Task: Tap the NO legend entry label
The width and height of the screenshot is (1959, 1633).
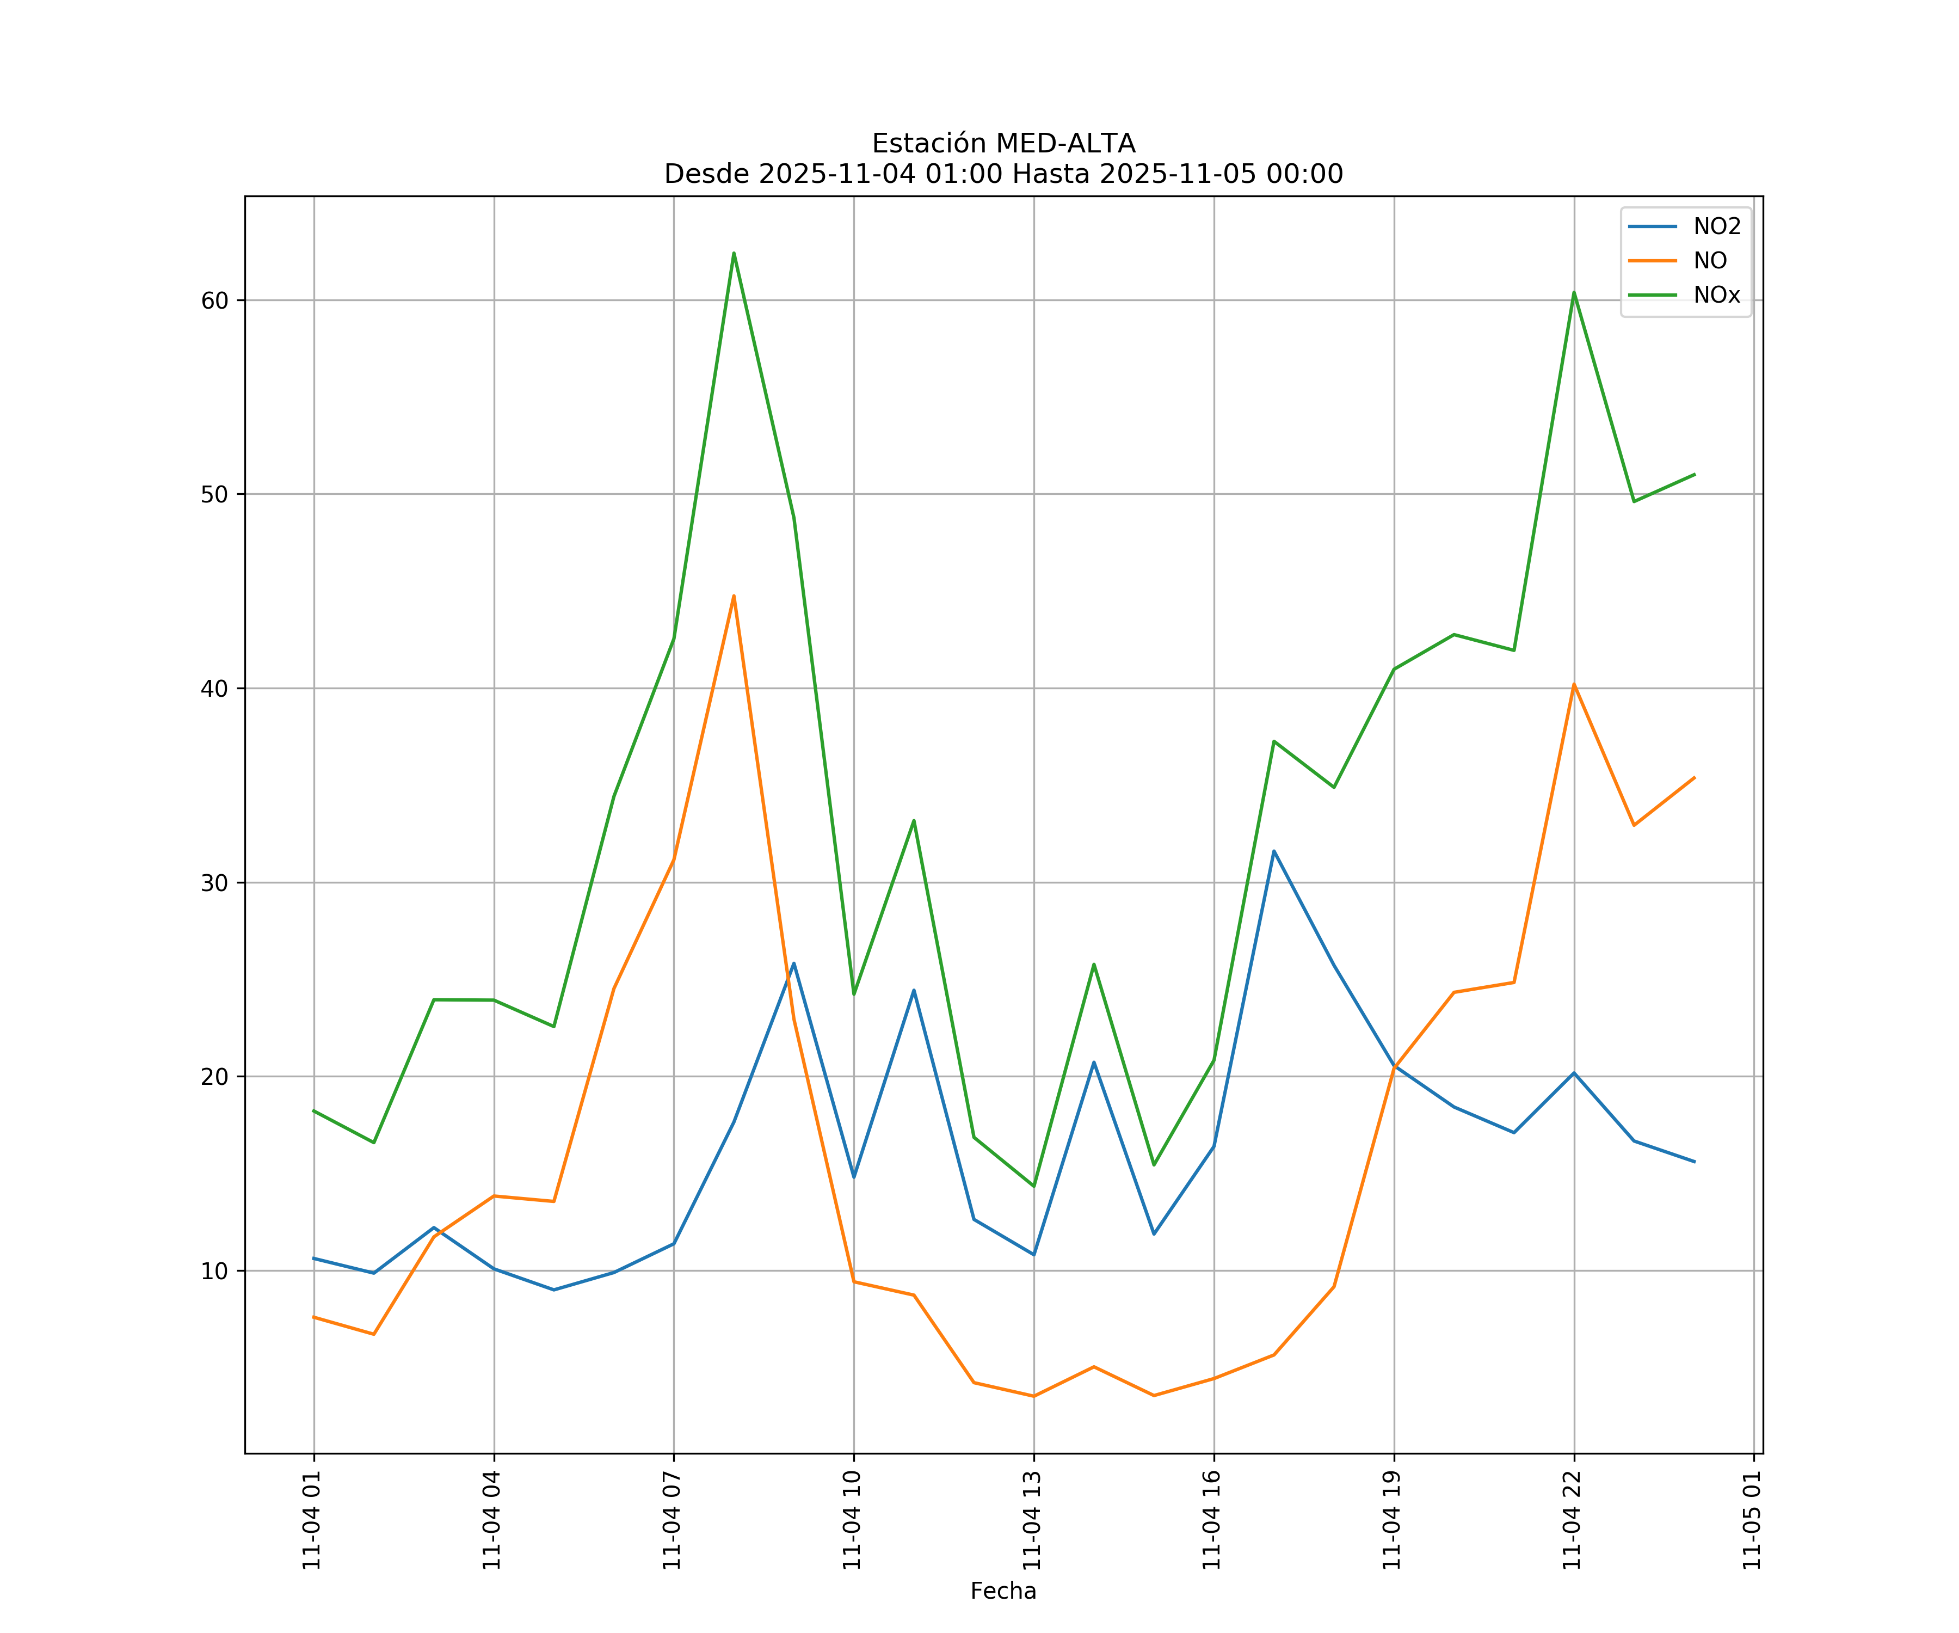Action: click(x=1710, y=261)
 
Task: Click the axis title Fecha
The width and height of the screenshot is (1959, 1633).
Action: click(x=1003, y=1591)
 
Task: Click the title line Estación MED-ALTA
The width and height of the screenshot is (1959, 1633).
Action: click(x=1003, y=144)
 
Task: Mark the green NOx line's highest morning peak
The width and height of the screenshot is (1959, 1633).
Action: click(x=734, y=253)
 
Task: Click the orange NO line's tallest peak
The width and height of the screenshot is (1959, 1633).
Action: click(x=734, y=596)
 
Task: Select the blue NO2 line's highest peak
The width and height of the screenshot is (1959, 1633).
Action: click(x=1273, y=851)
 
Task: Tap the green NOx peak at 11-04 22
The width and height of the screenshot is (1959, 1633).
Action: click(x=1574, y=293)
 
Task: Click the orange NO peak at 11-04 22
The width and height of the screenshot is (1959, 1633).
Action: click(x=1574, y=685)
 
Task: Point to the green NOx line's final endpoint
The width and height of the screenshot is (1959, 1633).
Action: click(x=1694, y=474)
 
